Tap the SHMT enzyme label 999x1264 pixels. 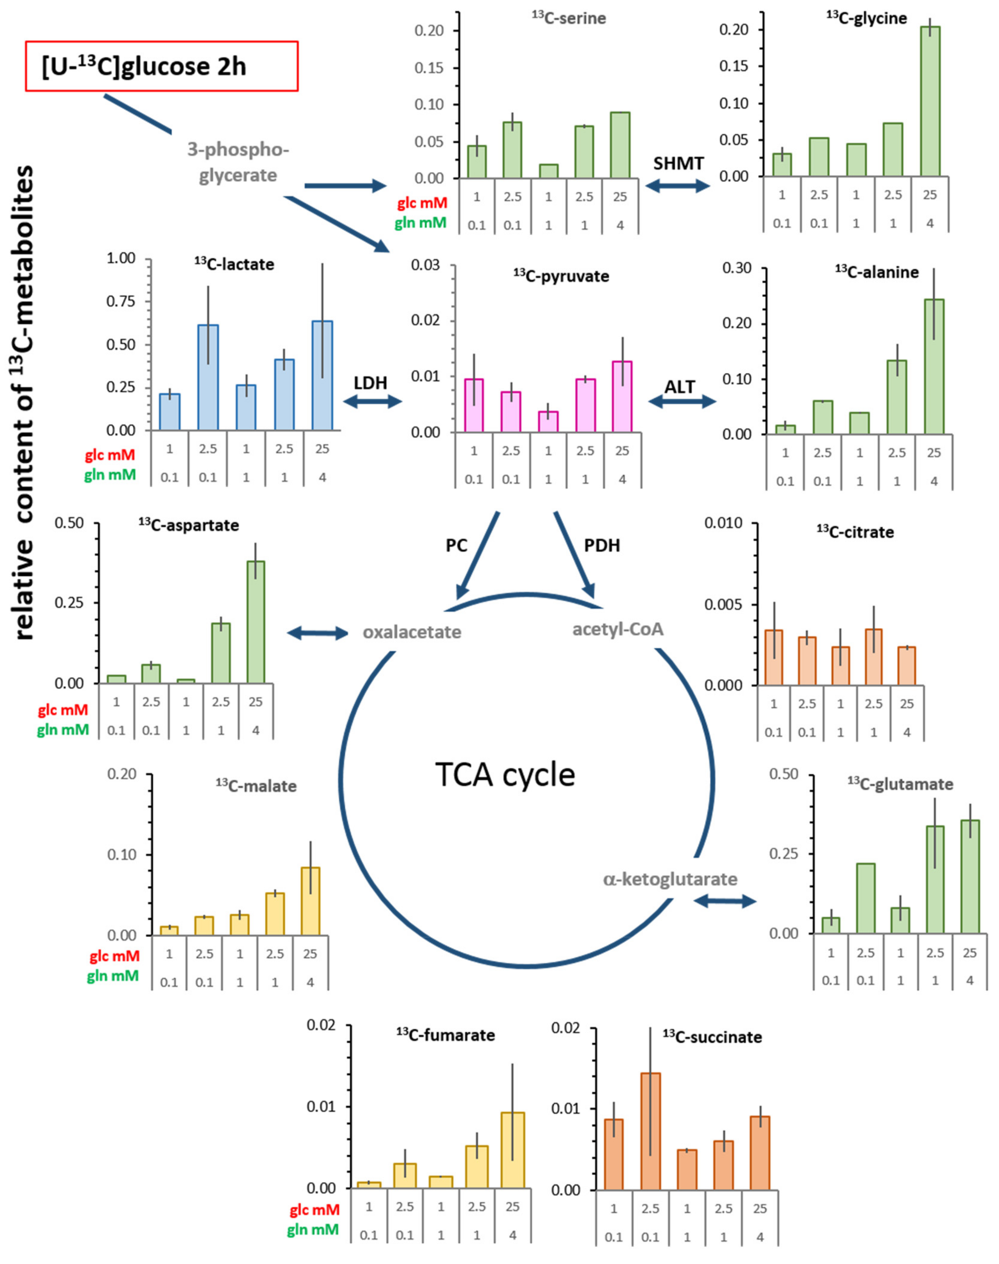678,164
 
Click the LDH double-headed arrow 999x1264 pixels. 373,401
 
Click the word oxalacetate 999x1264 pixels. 412,632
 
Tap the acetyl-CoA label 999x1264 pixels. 618,629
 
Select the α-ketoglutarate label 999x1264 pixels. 670,879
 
